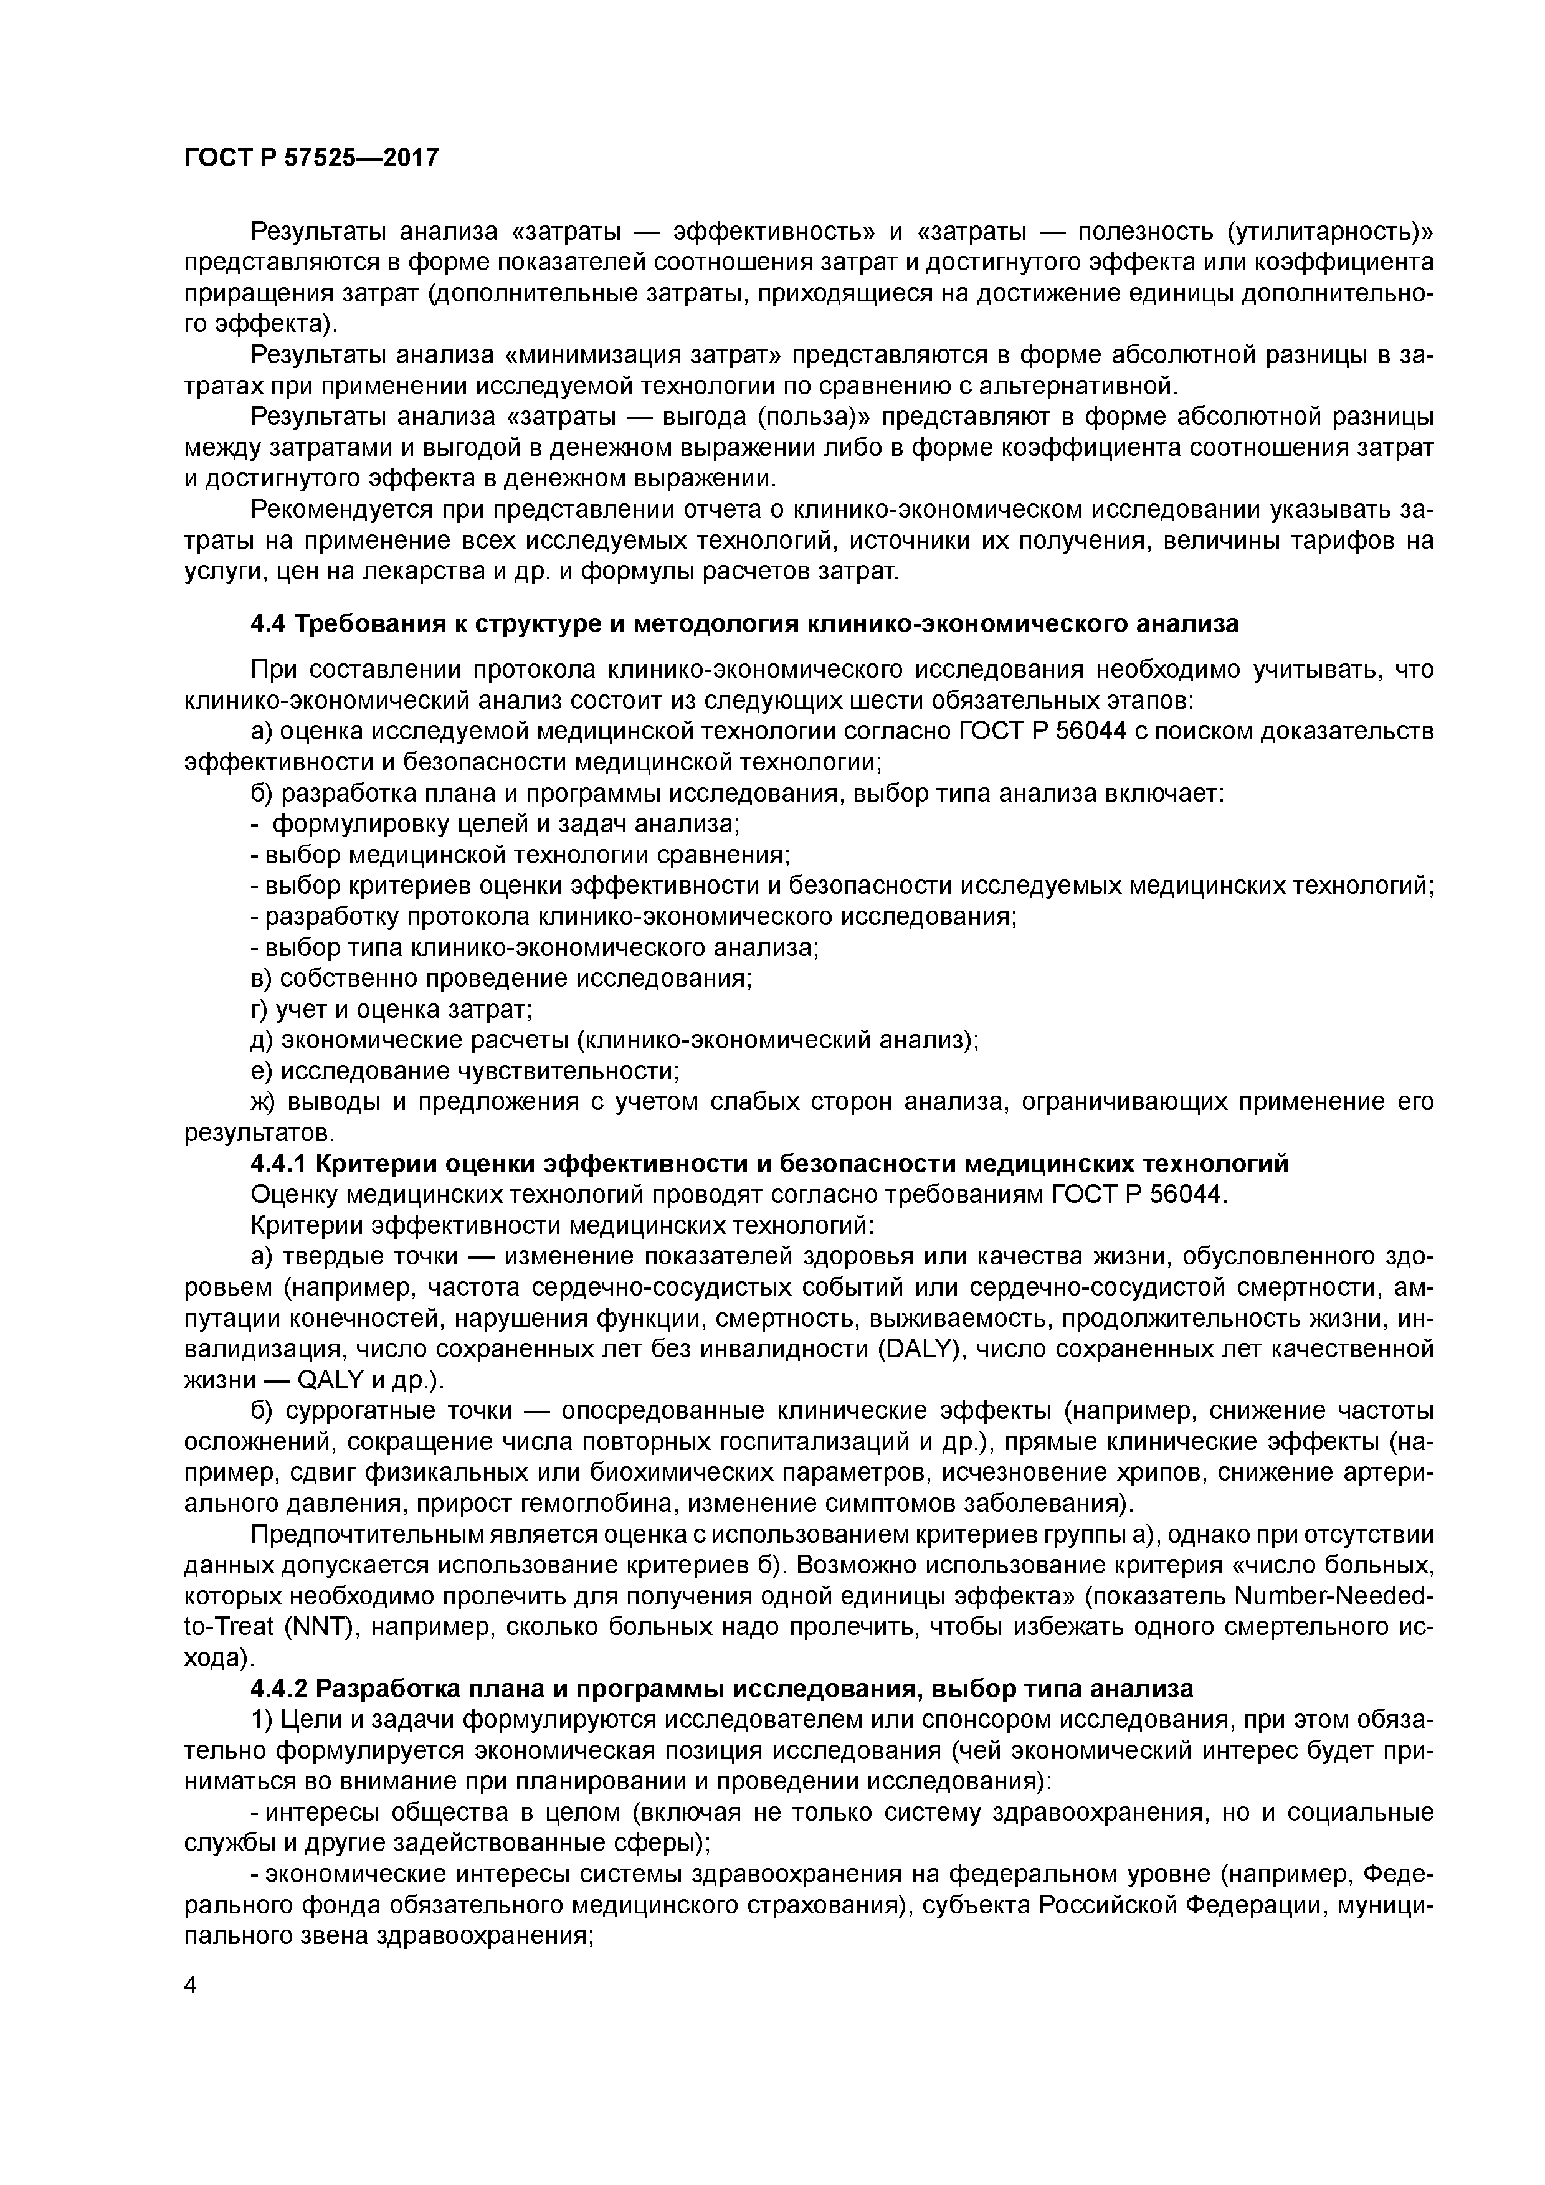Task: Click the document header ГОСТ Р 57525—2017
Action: point(311,157)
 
